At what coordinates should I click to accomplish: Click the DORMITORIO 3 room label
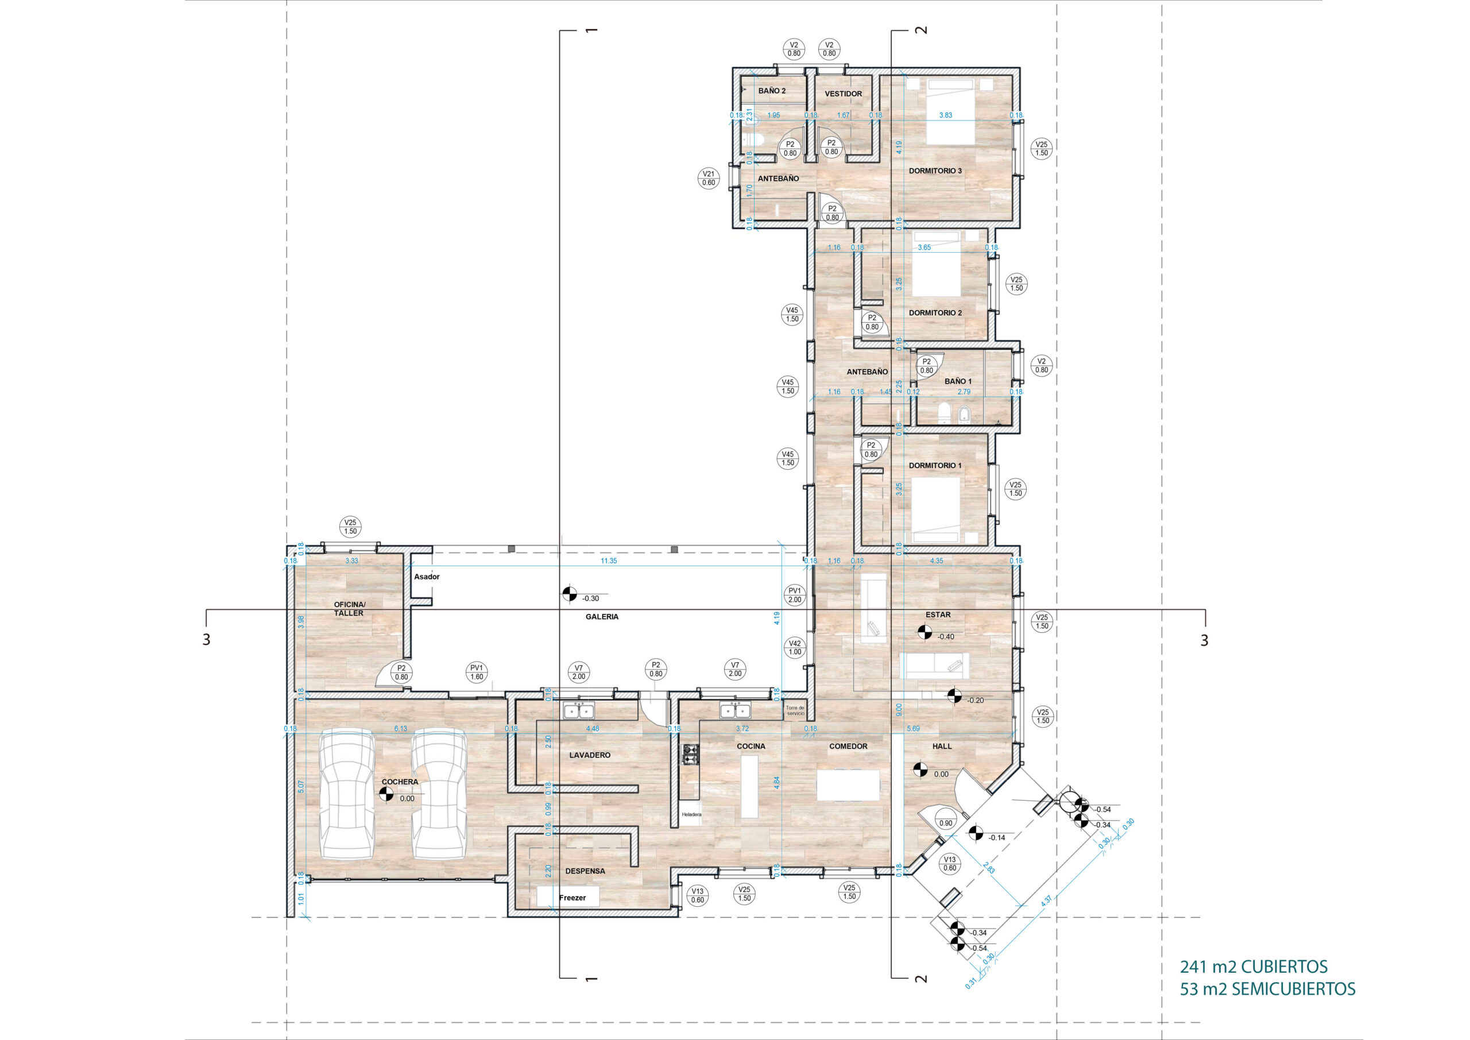[x=935, y=171]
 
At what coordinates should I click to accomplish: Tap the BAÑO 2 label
[x=772, y=91]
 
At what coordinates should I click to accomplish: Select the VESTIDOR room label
[x=843, y=94]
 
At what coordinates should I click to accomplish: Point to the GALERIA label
[x=602, y=617]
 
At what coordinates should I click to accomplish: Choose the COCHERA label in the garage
[x=400, y=782]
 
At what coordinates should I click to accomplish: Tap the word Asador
[x=427, y=577]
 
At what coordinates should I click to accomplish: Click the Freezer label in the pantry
[x=572, y=898]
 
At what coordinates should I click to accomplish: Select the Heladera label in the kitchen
[x=691, y=814]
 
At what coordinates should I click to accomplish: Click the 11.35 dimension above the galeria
[x=608, y=561]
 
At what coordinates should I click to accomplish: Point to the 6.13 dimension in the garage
[x=401, y=729]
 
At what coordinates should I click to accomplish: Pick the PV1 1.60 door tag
[x=477, y=672]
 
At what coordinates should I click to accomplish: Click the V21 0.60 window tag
[x=708, y=178]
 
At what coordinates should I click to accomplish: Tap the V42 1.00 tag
[x=795, y=647]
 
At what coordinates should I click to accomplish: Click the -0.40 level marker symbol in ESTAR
[x=924, y=632]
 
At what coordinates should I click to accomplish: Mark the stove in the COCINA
[x=691, y=755]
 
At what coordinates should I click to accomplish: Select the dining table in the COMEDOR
[x=848, y=785]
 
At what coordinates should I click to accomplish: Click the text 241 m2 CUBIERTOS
[x=1254, y=967]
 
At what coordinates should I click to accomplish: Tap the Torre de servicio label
[x=795, y=711]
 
